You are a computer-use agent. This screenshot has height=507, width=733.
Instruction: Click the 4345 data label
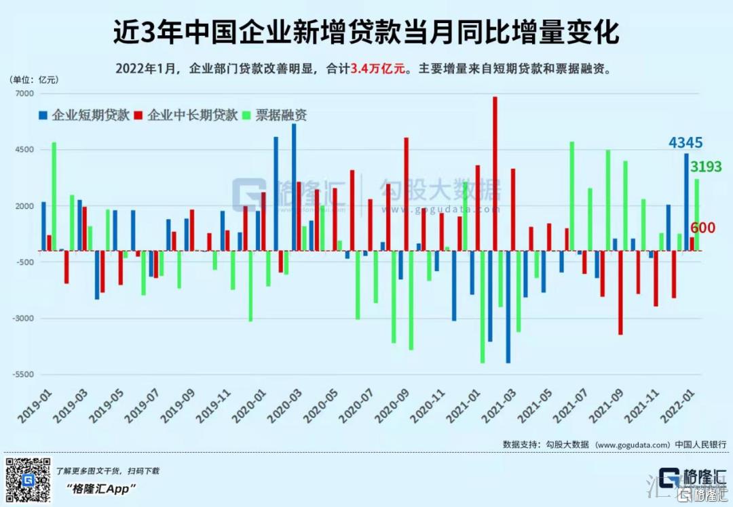click(685, 143)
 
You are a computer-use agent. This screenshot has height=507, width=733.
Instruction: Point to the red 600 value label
click(703, 228)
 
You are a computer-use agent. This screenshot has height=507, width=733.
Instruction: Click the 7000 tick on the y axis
click(25, 94)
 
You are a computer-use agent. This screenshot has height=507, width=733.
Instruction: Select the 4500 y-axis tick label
click(25, 150)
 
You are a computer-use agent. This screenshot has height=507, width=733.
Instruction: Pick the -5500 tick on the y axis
click(24, 374)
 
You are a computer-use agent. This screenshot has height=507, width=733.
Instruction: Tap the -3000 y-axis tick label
click(24, 318)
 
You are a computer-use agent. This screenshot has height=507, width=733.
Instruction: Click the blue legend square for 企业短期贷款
click(44, 115)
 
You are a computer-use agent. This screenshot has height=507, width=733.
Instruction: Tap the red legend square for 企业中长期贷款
click(139, 115)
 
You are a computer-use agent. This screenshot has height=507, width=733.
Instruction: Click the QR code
click(29, 480)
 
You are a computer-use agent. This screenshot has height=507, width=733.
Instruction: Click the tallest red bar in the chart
click(495, 174)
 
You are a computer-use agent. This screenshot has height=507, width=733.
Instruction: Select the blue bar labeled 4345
click(686, 202)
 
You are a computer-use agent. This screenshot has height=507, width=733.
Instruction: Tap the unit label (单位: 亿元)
click(34, 79)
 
